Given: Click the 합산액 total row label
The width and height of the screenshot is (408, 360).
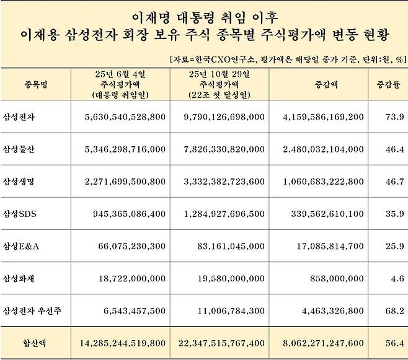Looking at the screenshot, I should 30,343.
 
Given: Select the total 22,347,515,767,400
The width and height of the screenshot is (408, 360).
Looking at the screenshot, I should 221,343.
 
